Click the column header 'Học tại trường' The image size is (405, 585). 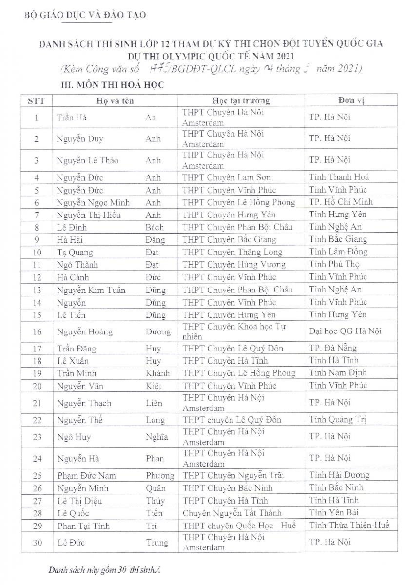[x=240, y=101]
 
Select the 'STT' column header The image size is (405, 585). [x=37, y=101]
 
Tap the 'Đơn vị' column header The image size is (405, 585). [x=350, y=101]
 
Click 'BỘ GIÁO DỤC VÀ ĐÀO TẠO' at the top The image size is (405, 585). [x=85, y=15]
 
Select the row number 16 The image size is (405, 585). [x=37, y=332]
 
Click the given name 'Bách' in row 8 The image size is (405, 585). [x=154, y=227]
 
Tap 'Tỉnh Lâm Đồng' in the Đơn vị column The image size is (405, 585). [x=338, y=252]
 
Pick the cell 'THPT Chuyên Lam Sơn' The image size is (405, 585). [x=227, y=177]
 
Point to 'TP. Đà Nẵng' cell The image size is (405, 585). [x=333, y=348]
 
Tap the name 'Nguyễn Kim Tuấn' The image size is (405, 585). [x=91, y=290]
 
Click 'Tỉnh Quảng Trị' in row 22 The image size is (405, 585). [x=337, y=420]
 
